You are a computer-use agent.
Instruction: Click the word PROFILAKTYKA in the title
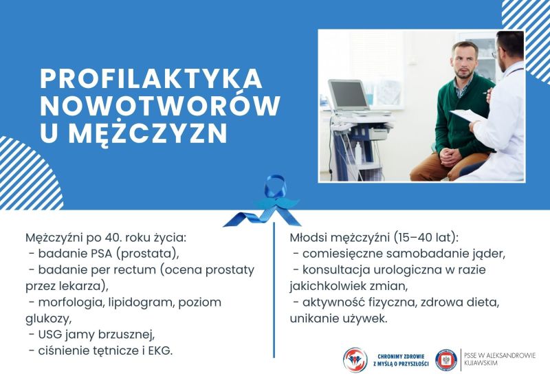pyautogui.click(x=151, y=78)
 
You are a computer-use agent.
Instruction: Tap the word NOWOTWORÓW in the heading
pyautogui.click(x=160, y=105)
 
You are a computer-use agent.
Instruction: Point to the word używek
pyautogui.click(x=368, y=319)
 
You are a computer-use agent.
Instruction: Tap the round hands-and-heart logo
pyautogui.click(x=355, y=360)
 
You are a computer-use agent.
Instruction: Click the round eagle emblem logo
pyautogui.click(x=446, y=360)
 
